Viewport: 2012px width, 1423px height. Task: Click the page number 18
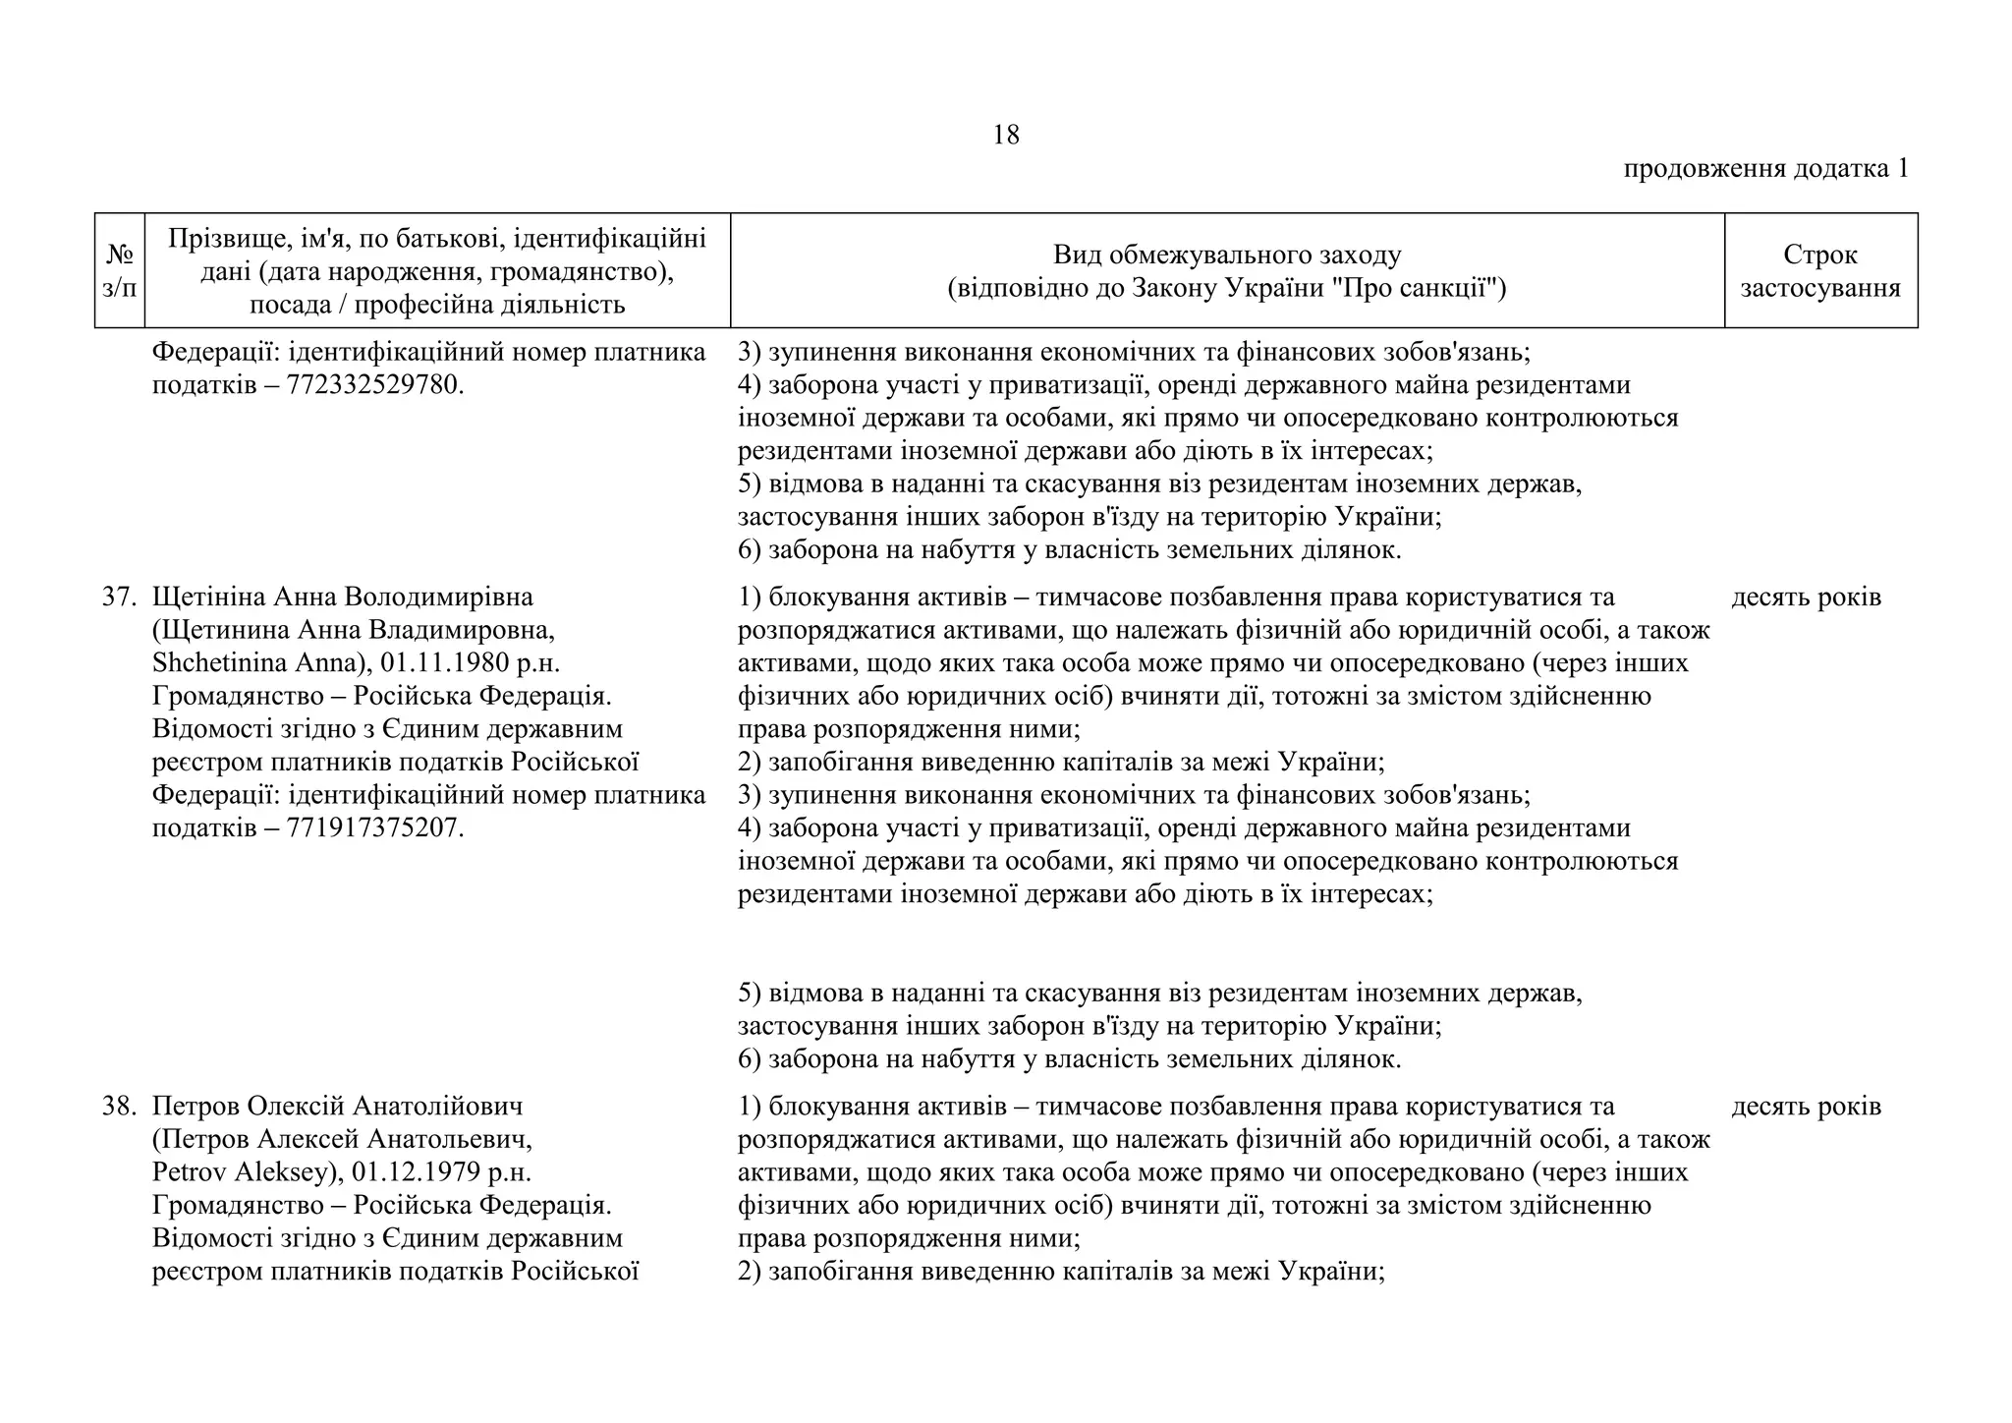[1006, 135]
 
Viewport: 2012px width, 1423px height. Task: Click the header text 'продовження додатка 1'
[1765, 168]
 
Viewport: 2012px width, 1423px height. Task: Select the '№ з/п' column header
[119, 270]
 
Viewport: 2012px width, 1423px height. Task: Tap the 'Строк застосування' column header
[1819, 270]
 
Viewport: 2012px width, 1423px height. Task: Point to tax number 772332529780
[373, 385]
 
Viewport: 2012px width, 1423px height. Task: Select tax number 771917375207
[373, 828]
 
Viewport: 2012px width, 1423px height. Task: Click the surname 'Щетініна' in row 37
[208, 597]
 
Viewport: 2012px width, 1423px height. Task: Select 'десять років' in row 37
[1806, 597]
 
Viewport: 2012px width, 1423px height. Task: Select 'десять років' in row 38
[1806, 1106]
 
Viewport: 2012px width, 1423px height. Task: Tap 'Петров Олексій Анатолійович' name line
[337, 1106]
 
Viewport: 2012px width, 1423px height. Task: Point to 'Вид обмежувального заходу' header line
[1226, 255]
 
